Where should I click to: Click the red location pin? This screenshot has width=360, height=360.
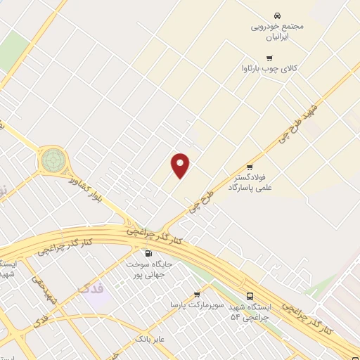(181, 165)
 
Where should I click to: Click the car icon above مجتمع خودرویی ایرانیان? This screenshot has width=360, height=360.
(277, 15)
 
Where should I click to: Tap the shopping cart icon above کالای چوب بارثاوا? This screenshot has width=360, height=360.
(269, 58)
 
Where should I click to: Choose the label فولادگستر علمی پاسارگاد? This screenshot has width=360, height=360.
(249, 184)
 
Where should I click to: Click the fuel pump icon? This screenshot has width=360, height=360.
(148, 254)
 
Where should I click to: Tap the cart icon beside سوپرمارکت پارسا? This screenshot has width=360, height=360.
(197, 294)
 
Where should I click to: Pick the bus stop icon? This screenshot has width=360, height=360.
(251, 297)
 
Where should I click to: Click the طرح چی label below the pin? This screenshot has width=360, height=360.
(200, 200)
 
